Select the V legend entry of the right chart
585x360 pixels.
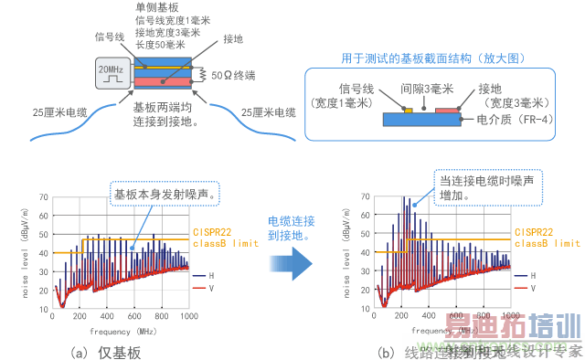coord(539,289)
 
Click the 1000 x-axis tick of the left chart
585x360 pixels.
coord(186,316)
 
